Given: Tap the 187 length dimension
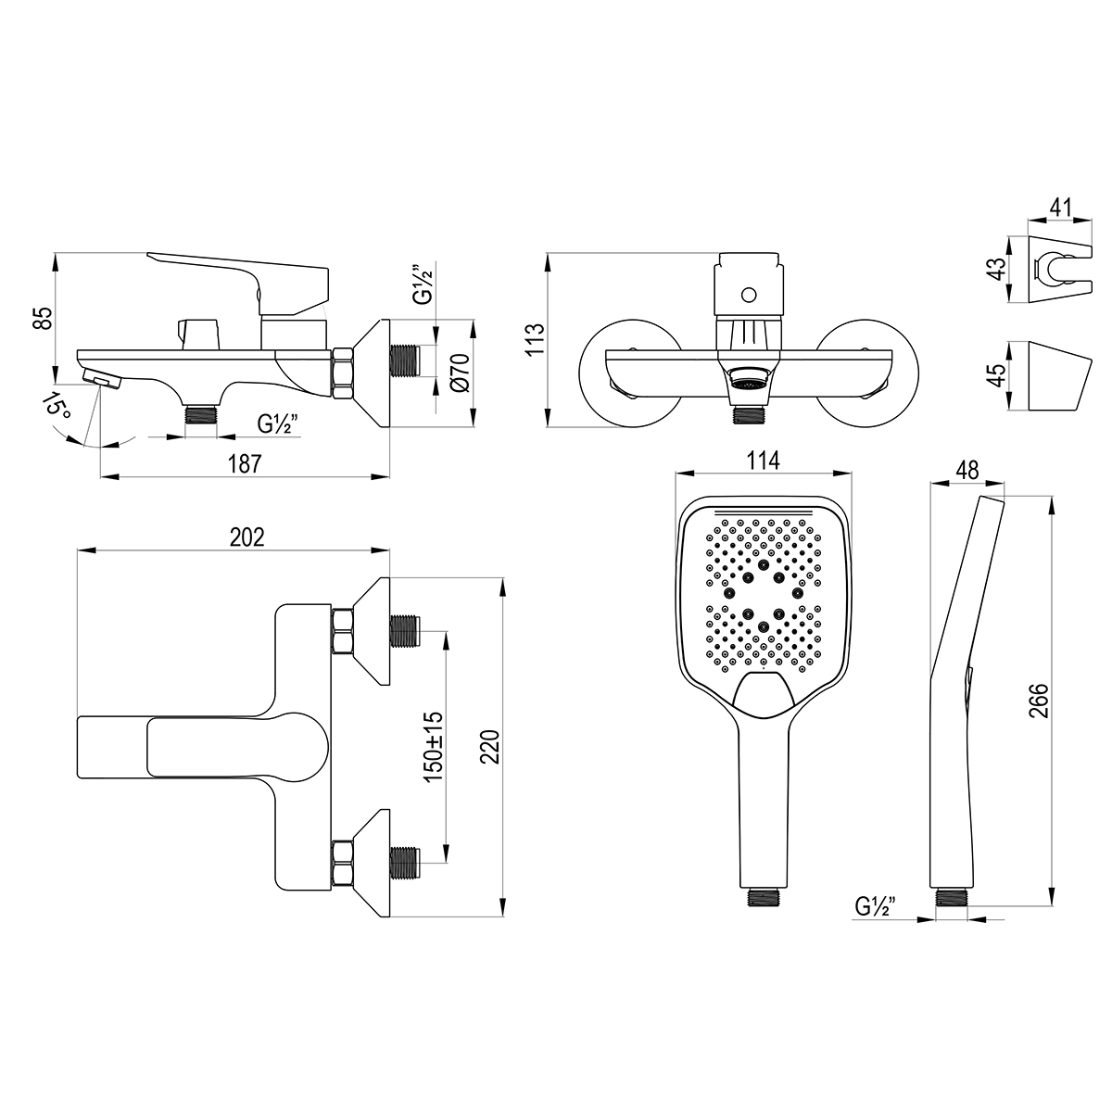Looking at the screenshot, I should click(x=245, y=463).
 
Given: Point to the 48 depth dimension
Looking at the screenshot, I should click(x=967, y=471).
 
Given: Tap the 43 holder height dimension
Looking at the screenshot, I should click(x=997, y=269).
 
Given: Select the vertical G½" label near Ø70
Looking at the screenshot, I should click(x=423, y=285).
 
